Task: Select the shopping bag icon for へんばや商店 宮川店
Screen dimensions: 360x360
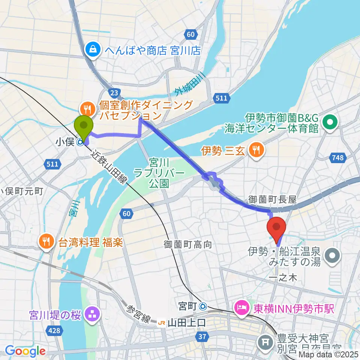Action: click(91, 49)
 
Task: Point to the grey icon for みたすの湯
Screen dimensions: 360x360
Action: click(332, 256)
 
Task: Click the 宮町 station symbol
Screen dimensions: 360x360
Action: click(203, 306)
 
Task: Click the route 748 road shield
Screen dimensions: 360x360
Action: click(337, 158)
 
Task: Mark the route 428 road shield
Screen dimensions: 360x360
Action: click(55, 330)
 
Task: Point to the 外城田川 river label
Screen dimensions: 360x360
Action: click(190, 86)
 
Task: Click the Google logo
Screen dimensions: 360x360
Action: click(25, 351)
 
